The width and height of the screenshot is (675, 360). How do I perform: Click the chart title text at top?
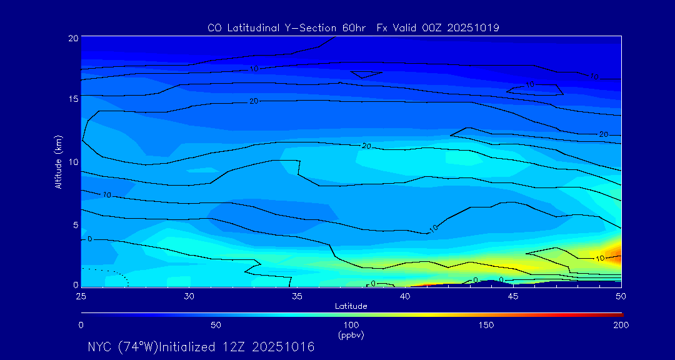click(x=353, y=27)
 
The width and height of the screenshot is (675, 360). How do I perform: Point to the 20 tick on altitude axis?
click(x=73, y=38)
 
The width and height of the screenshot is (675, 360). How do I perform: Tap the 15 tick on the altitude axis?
click(x=73, y=99)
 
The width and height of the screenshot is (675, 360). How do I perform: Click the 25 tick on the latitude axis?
click(x=81, y=295)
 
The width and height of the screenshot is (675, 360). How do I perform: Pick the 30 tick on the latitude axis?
click(x=189, y=295)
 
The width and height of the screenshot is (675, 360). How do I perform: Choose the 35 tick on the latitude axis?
click(x=297, y=295)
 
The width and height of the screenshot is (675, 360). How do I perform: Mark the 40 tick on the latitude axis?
click(x=405, y=295)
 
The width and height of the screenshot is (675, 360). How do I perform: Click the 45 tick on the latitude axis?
click(x=513, y=295)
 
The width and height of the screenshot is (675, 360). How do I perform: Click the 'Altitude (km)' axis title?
click(x=58, y=161)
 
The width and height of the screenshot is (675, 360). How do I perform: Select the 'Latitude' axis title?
click(x=351, y=306)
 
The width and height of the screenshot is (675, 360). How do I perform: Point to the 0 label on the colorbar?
click(x=81, y=325)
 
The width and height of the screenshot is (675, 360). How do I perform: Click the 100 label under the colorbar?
click(x=351, y=325)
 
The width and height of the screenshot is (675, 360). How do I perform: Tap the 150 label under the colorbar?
click(x=486, y=325)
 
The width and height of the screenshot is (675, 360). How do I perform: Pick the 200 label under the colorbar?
click(x=621, y=325)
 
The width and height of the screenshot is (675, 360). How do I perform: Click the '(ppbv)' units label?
click(x=351, y=335)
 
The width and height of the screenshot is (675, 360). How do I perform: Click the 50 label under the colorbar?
click(x=216, y=325)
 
